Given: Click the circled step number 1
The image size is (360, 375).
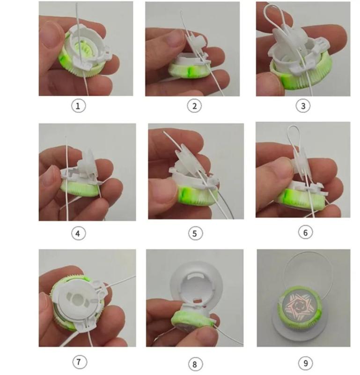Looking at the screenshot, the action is pos(78,106).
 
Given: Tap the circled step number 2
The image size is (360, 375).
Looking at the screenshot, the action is pos(194,106).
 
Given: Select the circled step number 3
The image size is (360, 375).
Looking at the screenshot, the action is pos(303,106).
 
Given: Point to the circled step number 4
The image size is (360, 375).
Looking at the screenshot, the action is pos(78,233).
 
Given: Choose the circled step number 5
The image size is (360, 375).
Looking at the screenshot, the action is pos(195,233).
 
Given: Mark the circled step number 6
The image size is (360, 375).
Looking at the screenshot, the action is pos(306,232).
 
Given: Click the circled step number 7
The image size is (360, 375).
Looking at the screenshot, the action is pos(80,361).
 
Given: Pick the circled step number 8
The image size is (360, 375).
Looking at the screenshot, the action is pos(195,364).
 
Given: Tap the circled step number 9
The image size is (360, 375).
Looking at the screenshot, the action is pos(306,363).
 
